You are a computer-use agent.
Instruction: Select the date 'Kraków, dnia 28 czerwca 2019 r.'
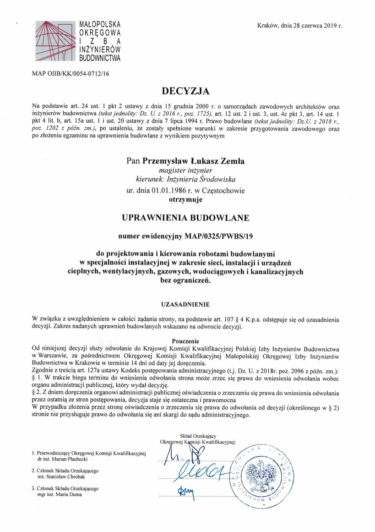pyautogui.click(x=300, y=26)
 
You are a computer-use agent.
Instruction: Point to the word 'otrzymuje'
pyautogui.click(x=187, y=199)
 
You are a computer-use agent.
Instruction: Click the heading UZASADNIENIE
pyautogui.click(x=187, y=303)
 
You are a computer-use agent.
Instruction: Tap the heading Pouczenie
pyautogui.click(x=187, y=341)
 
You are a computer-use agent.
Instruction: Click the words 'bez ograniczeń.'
pyautogui.click(x=187, y=281)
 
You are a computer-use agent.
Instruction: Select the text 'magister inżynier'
pyautogui.click(x=187, y=170)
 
